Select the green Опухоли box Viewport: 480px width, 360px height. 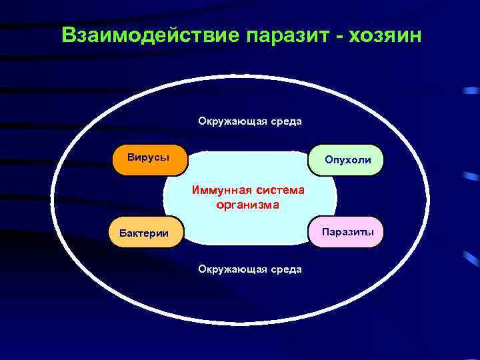tap(346, 160)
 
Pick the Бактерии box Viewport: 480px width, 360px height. tap(145, 232)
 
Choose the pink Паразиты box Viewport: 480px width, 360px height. tap(346, 232)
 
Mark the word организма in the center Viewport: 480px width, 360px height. tap(248, 205)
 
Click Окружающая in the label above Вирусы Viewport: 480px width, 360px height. tap(230, 121)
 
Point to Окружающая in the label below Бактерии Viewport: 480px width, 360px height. tap(230, 269)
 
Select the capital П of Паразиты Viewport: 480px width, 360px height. tap(325, 232)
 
